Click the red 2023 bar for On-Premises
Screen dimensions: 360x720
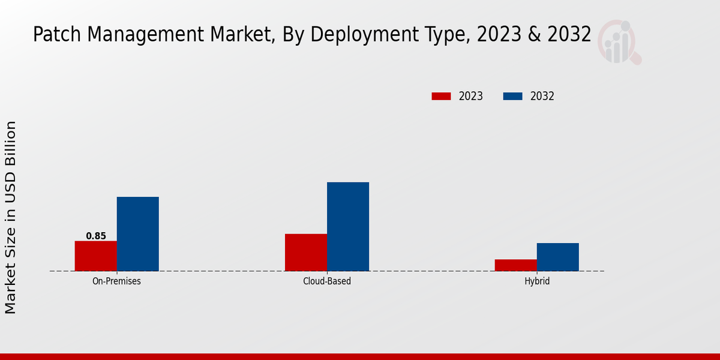click(96, 256)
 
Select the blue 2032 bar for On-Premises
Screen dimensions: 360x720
click(138, 234)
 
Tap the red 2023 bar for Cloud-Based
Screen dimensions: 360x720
click(306, 253)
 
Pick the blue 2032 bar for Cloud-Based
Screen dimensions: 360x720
click(348, 227)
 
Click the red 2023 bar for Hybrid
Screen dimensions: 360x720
click(516, 265)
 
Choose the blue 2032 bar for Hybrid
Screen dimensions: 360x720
click(558, 257)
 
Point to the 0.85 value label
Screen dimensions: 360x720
click(96, 236)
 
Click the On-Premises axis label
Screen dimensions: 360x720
click(116, 281)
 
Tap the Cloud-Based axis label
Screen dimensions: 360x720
click(327, 281)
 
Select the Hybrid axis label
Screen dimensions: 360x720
click(537, 281)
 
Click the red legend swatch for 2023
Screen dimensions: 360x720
click(441, 96)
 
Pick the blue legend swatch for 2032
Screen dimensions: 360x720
click(512, 96)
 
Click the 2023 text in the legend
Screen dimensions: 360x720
click(471, 96)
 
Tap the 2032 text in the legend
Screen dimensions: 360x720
click(542, 96)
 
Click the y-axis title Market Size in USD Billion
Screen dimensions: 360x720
click(11, 217)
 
